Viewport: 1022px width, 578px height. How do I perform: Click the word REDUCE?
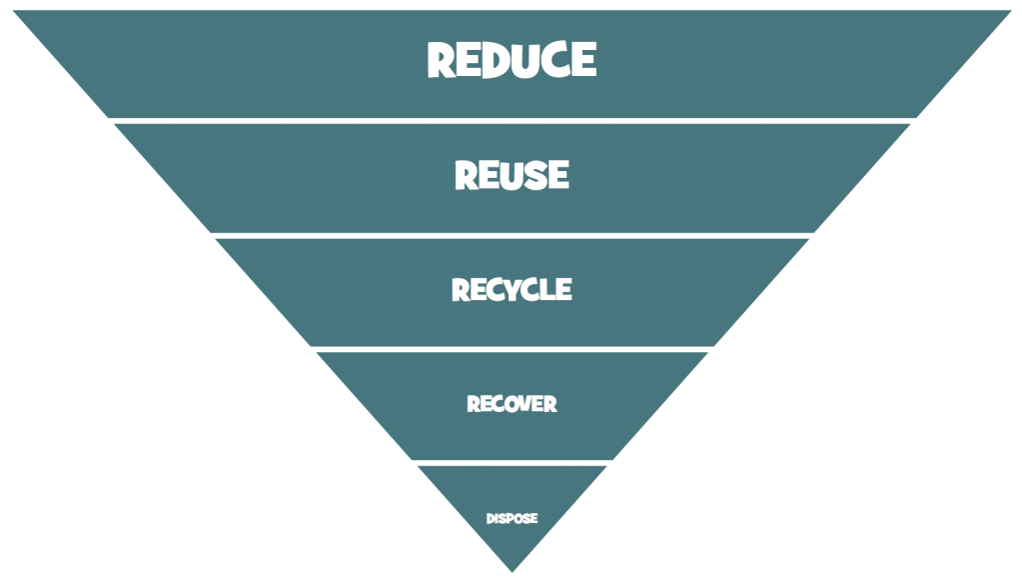(x=511, y=60)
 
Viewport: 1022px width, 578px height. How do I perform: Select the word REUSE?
(x=511, y=175)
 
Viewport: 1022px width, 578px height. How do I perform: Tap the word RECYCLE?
(x=511, y=290)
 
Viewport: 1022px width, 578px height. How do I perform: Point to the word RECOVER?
(x=511, y=404)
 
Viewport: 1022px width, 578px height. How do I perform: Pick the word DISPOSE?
(x=511, y=518)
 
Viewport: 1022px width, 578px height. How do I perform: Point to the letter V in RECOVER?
(x=523, y=404)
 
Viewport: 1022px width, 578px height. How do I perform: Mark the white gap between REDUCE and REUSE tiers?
(x=511, y=120)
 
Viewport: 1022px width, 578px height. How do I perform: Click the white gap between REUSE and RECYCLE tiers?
(x=511, y=235)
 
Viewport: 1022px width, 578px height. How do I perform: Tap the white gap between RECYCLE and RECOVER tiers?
(x=511, y=349)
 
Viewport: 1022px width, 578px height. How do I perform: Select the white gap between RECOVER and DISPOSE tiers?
(x=511, y=463)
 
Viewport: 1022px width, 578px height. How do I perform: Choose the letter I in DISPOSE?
(x=497, y=518)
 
